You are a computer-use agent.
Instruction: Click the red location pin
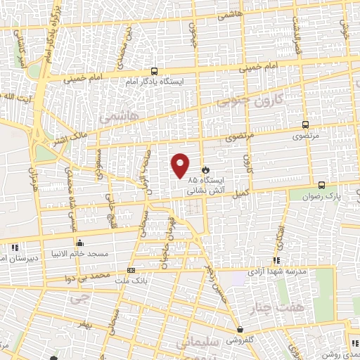click(181, 165)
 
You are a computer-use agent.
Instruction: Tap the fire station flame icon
click(205, 170)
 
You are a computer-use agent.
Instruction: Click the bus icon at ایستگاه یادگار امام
click(153, 72)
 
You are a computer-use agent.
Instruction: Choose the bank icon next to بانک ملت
click(131, 270)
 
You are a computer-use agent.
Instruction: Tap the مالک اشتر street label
click(72, 129)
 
